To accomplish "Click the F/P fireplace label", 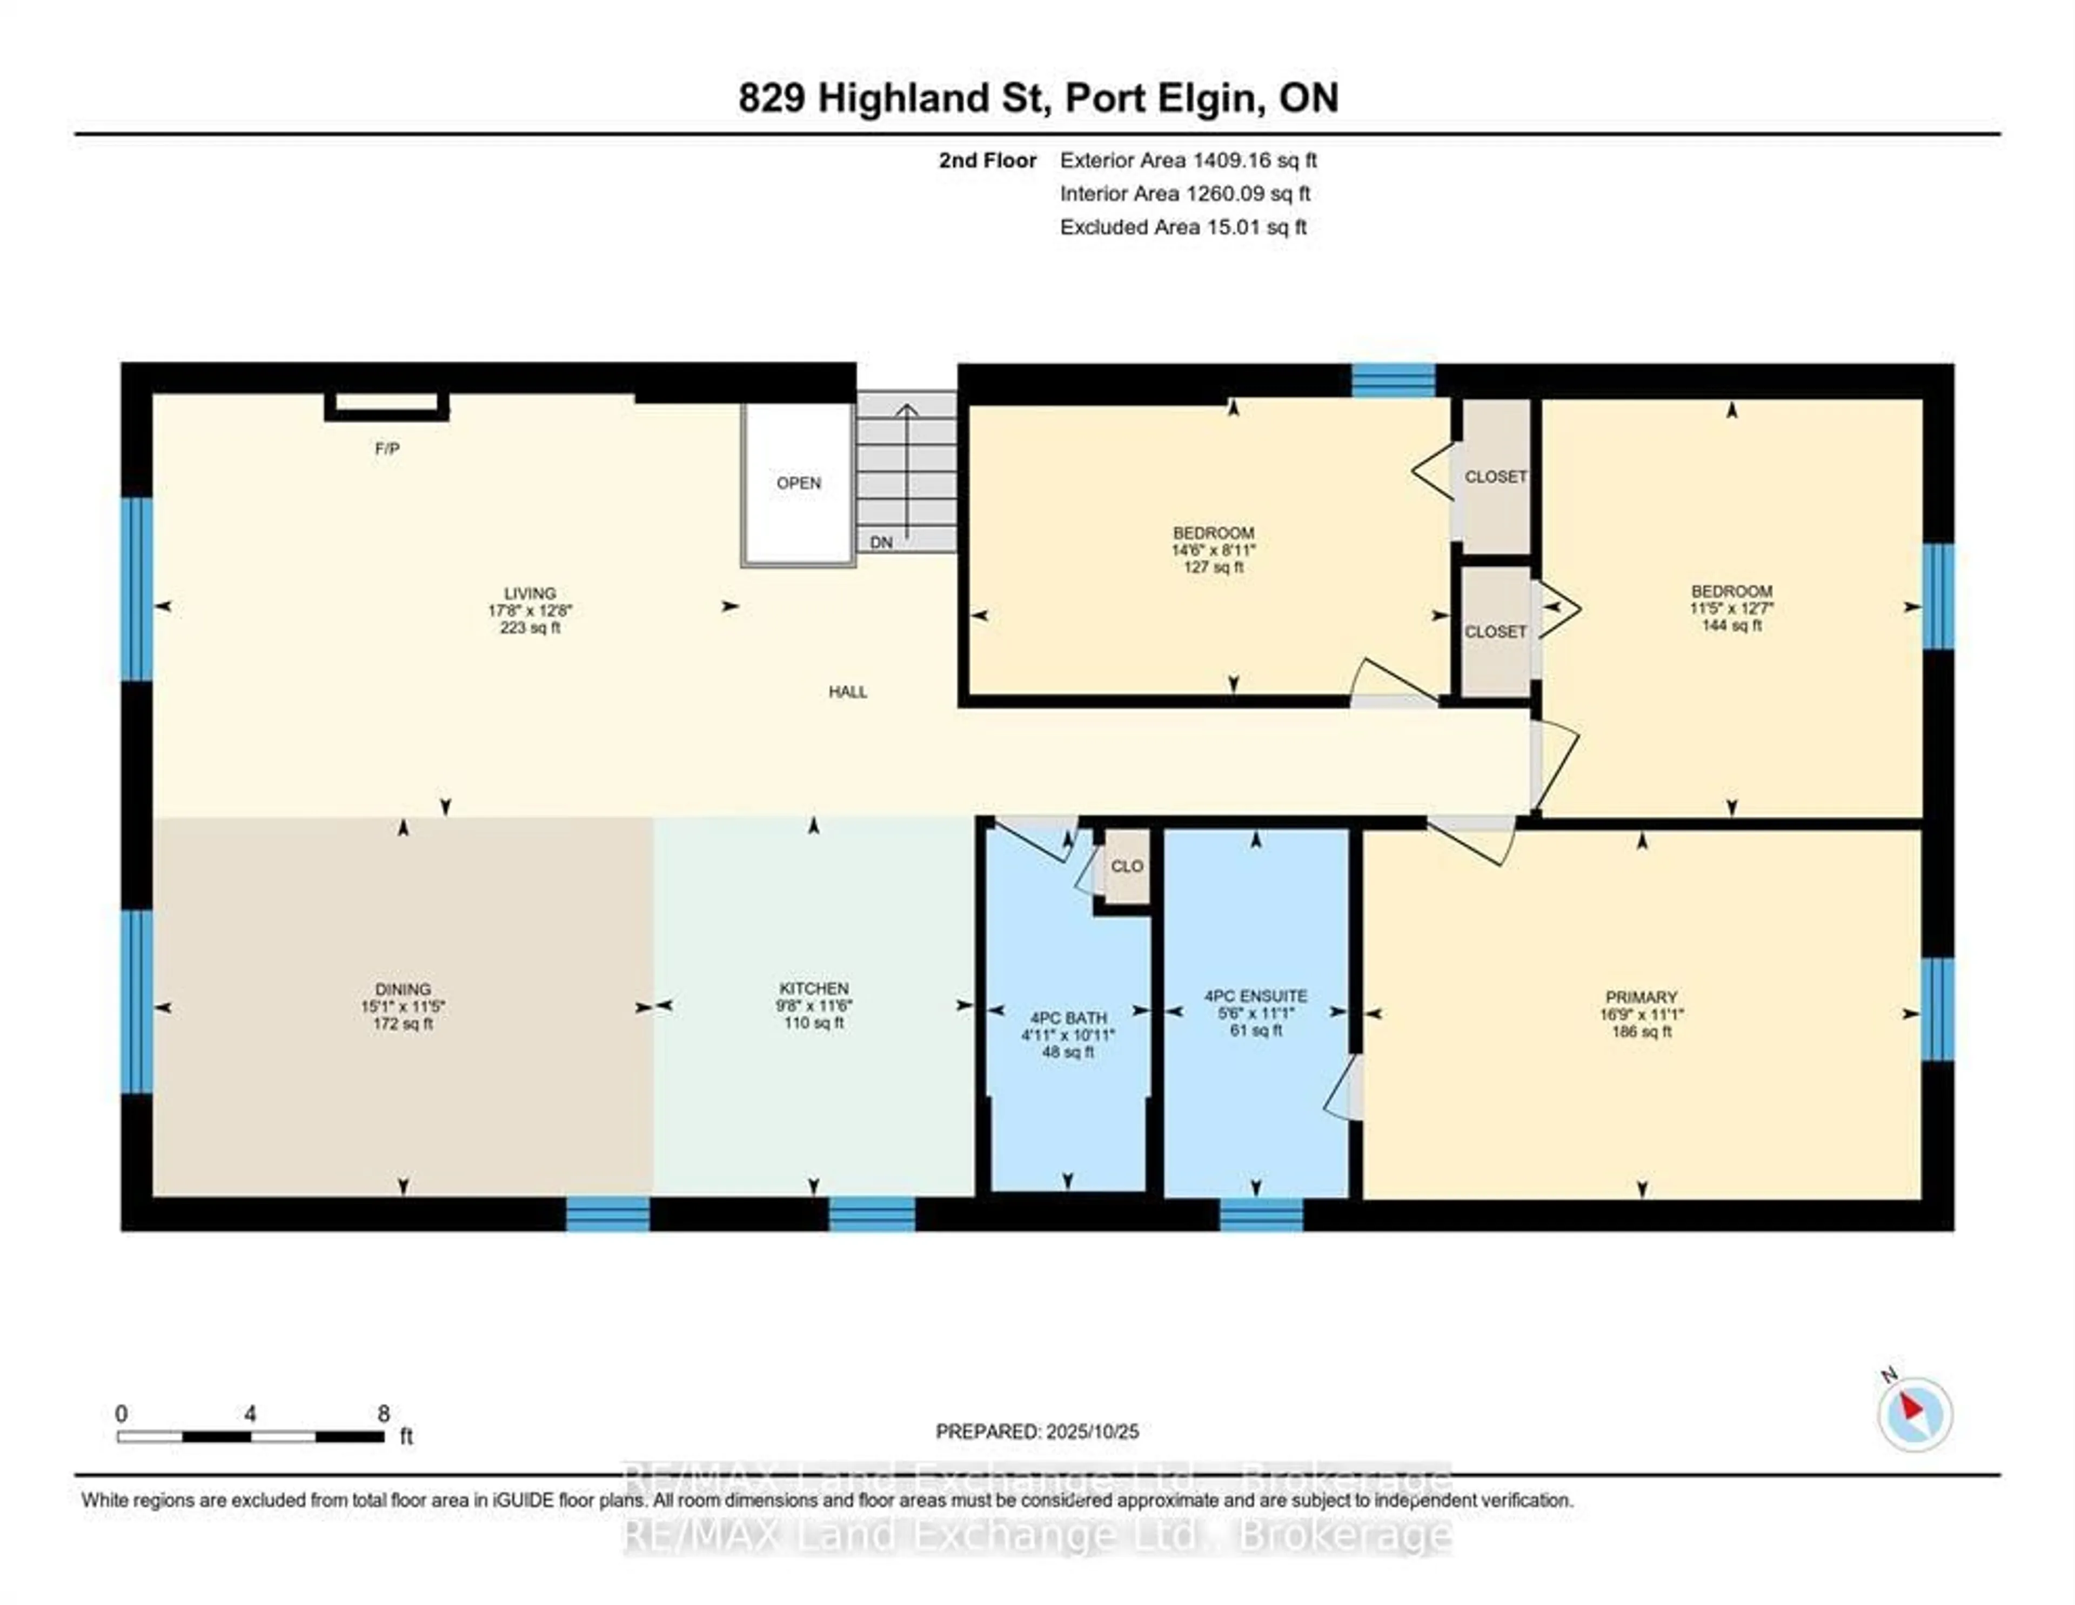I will (387, 449).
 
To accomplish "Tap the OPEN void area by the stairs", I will (798, 483).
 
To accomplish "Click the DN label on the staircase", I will (881, 543).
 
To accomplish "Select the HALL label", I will (847, 692).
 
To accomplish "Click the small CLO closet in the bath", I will (1127, 867).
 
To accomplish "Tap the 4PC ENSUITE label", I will (1255, 996).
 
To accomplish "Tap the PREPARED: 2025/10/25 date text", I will (1036, 1431).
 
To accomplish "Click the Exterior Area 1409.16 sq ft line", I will (1188, 160).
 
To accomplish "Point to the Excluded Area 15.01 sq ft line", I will (1183, 227).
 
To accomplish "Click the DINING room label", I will (403, 989).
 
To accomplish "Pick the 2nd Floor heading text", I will (987, 160).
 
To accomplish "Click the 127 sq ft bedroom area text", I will (1213, 567).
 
